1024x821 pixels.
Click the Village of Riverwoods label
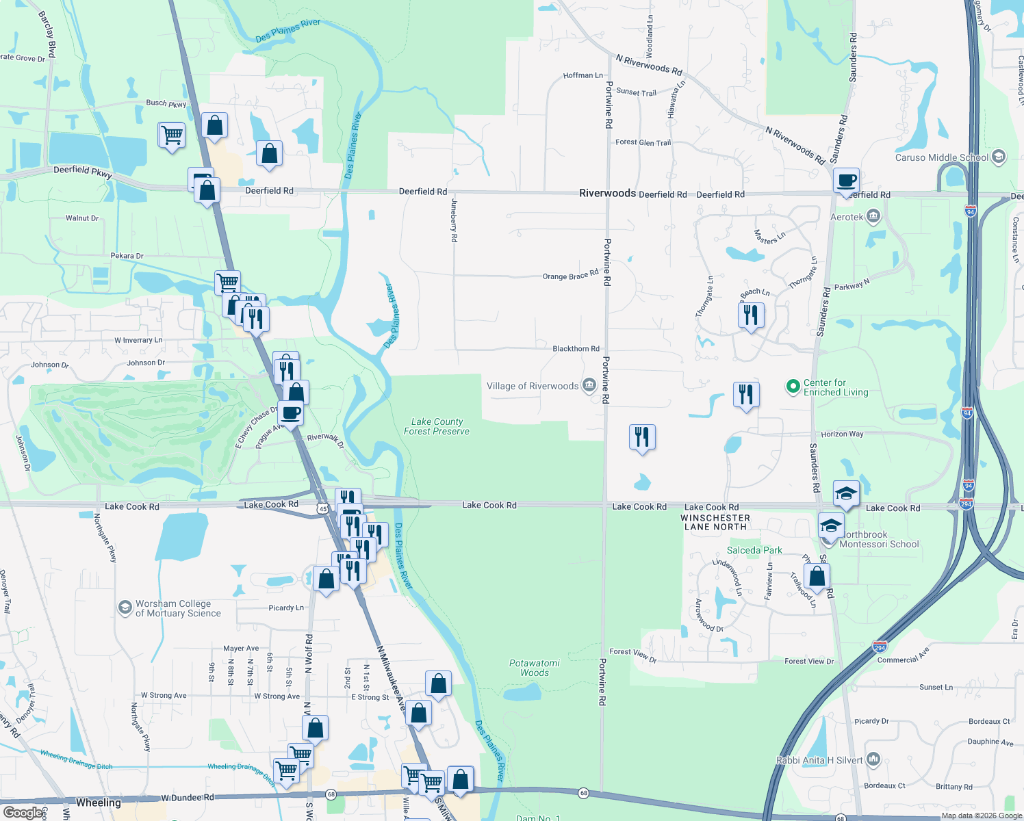pyautogui.click(x=533, y=387)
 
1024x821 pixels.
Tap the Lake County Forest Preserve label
pyautogui.click(x=437, y=426)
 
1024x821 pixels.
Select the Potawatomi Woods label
pyautogui.click(x=535, y=668)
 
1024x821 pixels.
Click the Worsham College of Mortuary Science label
pyautogui.click(x=178, y=608)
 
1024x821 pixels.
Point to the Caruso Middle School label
pyautogui.click(x=941, y=157)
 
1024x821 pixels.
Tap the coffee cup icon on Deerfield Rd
pyautogui.click(x=846, y=181)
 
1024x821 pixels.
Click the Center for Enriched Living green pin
pyautogui.click(x=793, y=387)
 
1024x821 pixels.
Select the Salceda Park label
pyautogui.click(x=754, y=550)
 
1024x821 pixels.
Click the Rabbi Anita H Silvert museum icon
pyautogui.click(x=873, y=759)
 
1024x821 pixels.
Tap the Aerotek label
pyautogui.click(x=847, y=218)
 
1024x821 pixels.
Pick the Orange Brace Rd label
pyautogui.click(x=570, y=276)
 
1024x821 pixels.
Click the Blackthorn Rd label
pyautogui.click(x=576, y=348)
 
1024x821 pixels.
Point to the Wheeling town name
pyautogui.click(x=99, y=803)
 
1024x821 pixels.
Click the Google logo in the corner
pyautogui.click(x=23, y=812)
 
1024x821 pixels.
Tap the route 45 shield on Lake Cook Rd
pyautogui.click(x=322, y=508)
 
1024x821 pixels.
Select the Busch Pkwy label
pyautogui.click(x=166, y=103)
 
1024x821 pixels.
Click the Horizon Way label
pyautogui.click(x=842, y=434)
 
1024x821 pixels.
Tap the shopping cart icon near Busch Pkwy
pyautogui.click(x=171, y=134)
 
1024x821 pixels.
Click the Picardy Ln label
pyautogui.click(x=286, y=608)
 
